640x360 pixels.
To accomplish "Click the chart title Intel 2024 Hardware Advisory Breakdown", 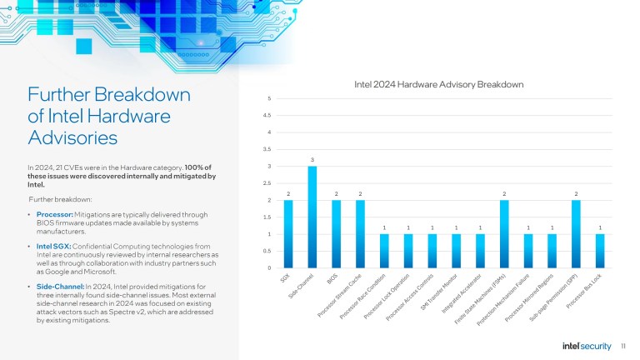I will (x=438, y=85).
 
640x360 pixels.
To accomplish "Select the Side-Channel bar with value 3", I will (x=312, y=217).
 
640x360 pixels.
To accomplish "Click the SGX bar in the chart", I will (x=288, y=234).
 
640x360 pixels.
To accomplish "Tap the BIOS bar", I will (x=337, y=234).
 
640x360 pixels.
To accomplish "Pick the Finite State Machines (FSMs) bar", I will (x=504, y=234).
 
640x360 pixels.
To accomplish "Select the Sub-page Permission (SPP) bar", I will (x=576, y=234).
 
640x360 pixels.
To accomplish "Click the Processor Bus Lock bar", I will (x=600, y=251).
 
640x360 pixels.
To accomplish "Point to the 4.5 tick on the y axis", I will (x=267, y=116).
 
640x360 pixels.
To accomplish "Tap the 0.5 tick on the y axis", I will (x=267, y=251).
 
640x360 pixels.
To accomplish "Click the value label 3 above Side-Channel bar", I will (x=312, y=159).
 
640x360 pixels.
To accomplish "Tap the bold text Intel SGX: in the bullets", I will (x=53, y=248).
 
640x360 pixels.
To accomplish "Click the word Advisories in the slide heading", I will (x=73, y=136).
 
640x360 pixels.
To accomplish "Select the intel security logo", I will (x=587, y=345).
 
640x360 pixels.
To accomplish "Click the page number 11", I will (x=624, y=345).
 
